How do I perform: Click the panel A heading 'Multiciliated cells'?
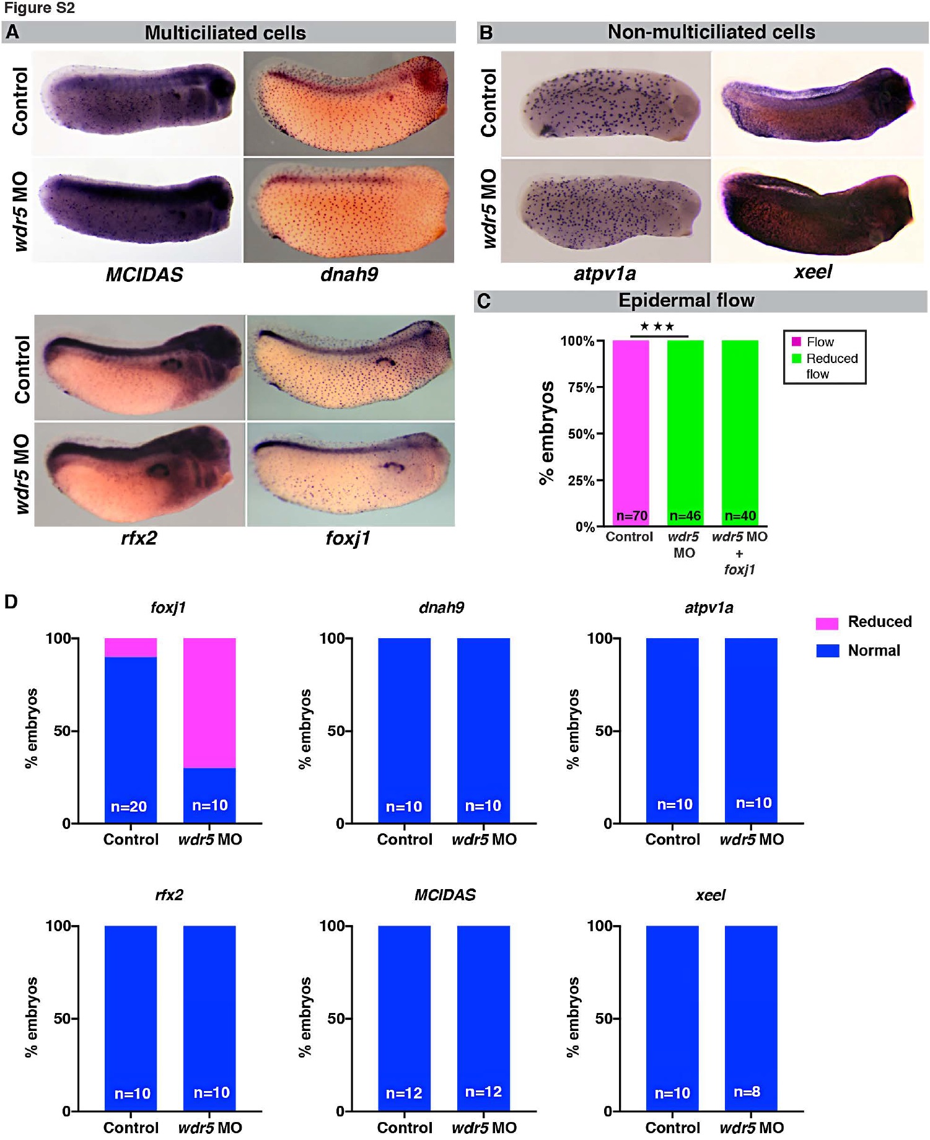pos(225,33)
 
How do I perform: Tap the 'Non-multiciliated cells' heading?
pos(711,32)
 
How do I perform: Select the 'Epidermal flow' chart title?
pos(687,300)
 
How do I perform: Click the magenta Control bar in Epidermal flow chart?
pos(631,427)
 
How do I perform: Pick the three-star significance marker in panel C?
pos(657,327)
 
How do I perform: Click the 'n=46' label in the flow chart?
pos(685,515)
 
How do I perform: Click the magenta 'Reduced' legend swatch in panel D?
pos(827,623)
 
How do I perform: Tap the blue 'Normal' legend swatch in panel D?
pos(827,651)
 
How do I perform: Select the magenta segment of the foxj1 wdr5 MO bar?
pos(209,703)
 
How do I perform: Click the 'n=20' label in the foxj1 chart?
pos(129,806)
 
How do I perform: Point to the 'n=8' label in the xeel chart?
pos(747,1092)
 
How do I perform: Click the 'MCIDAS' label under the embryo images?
pos(144,274)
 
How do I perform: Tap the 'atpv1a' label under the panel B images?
pos(605,273)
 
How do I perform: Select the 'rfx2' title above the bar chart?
pos(169,895)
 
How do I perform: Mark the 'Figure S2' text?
pos(39,9)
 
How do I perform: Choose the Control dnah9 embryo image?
pos(348,103)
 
